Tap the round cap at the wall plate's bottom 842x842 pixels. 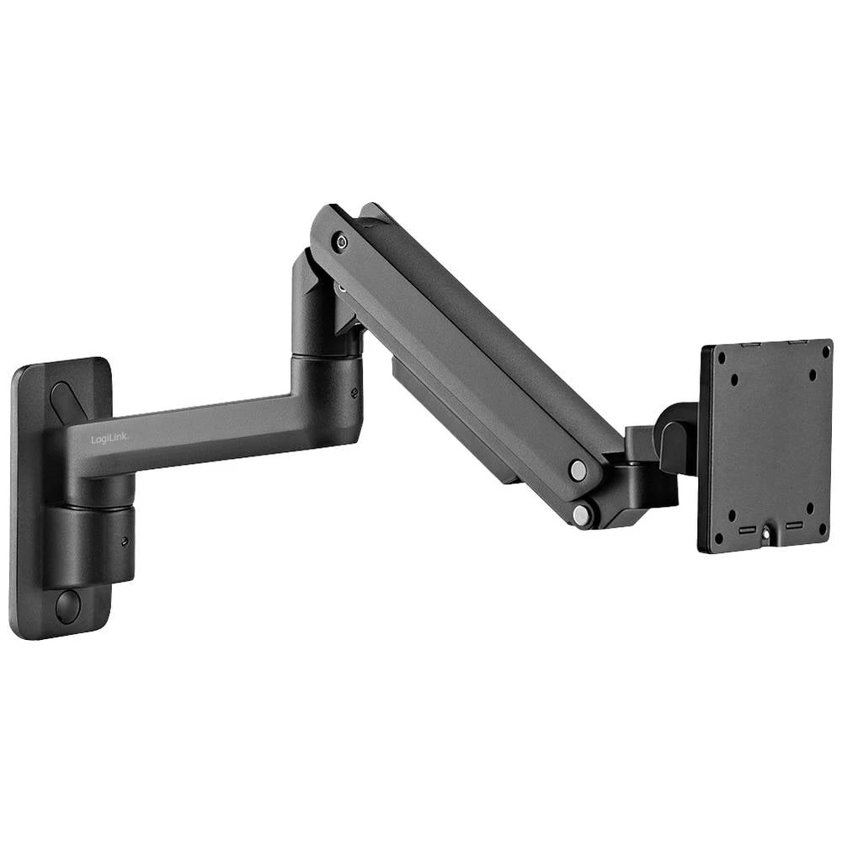67,605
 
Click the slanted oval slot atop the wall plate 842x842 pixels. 67,403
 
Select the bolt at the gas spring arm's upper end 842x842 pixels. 341,242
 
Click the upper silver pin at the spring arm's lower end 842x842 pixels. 577,471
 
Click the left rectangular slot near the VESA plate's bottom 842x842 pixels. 747,530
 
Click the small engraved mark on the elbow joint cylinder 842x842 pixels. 354,392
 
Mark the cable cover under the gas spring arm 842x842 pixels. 455,421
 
